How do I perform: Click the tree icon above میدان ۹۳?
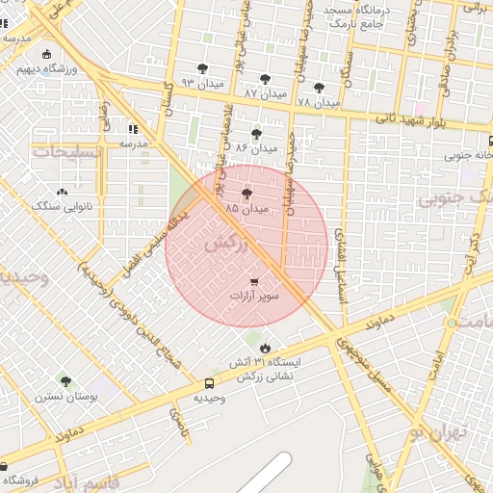[x=202, y=68]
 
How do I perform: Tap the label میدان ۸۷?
[x=266, y=93]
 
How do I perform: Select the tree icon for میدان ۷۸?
[x=319, y=87]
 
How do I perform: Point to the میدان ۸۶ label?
[x=255, y=149]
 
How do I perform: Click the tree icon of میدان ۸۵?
[x=246, y=194]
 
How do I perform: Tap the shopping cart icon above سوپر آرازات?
[x=254, y=282]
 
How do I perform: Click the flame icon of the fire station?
[x=266, y=347]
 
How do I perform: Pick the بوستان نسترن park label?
[x=65, y=396]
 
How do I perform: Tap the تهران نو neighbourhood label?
[x=435, y=432]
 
